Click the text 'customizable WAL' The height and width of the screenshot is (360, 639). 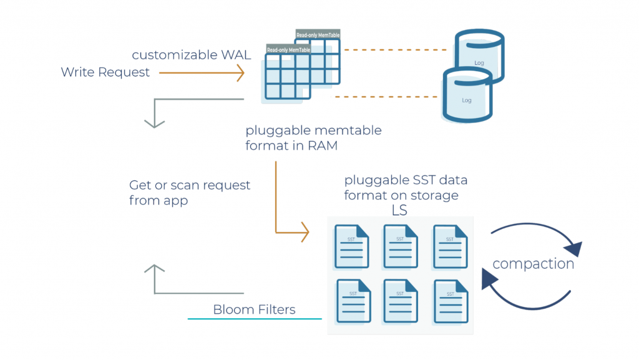(191, 55)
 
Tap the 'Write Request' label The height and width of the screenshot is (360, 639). (105, 72)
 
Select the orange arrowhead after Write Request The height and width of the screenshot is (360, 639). (239, 74)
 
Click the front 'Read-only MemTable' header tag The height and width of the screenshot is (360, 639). (288, 49)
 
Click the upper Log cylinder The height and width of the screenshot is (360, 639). (479, 50)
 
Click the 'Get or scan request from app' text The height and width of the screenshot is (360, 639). (189, 192)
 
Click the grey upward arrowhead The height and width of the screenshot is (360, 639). (154, 270)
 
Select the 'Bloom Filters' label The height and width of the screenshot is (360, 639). (254, 309)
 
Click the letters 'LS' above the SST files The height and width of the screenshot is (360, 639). (399, 211)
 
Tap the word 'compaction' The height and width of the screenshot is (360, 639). (533, 264)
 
